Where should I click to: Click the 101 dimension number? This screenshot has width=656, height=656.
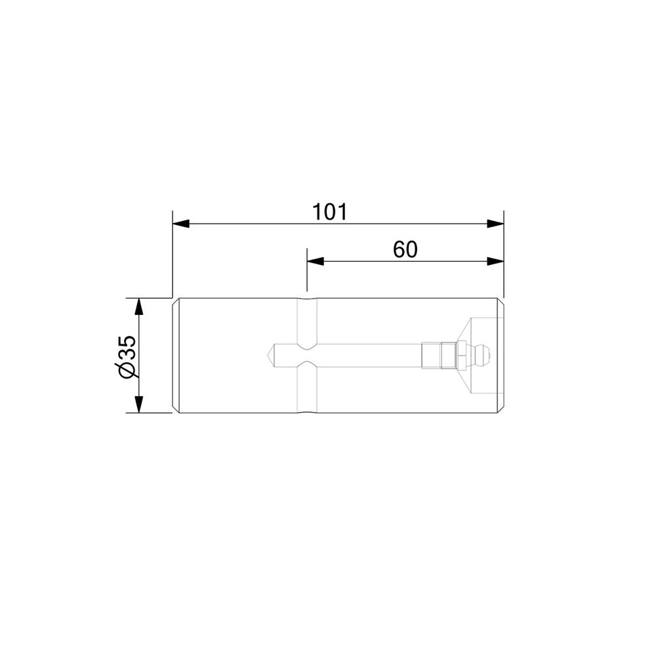point(330,212)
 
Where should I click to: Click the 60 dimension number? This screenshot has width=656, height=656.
point(405,250)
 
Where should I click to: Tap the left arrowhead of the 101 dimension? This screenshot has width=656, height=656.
point(181,224)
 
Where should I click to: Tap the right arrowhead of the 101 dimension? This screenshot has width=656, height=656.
point(495,224)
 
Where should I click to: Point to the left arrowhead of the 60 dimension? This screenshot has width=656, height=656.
point(316,262)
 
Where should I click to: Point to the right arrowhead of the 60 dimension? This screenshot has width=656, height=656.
point(495,262)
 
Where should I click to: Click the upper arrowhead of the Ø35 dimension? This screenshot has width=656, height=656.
point(139,306)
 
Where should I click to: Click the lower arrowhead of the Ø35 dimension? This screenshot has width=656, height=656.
point(139,405)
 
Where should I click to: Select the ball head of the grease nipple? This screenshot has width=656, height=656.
point(483,356)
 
